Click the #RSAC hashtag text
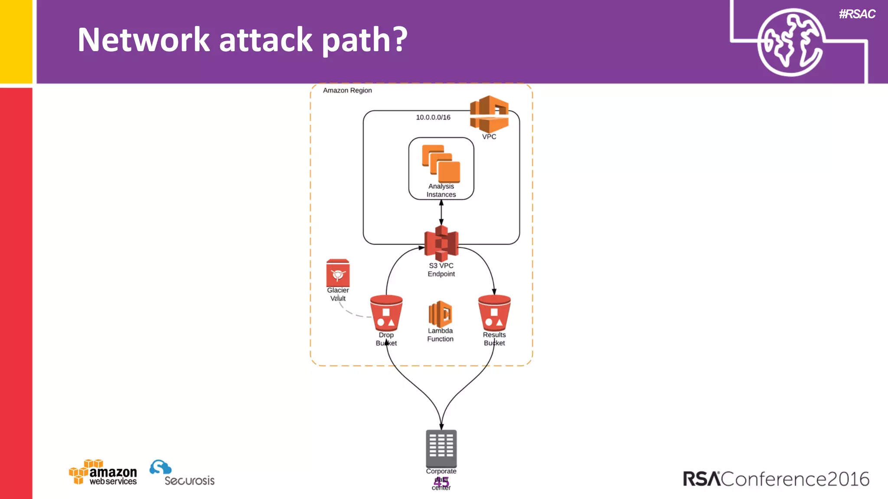point(857,14)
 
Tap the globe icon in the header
point(790,42)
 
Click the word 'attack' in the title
point(265,40)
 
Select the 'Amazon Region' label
point(347,90)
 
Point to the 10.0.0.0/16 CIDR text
point(433,117)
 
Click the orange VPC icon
point(489,114)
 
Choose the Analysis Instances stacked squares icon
point(441,163)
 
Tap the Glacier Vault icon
point(338,273)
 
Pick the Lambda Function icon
point(440,314)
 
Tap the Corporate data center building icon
point(441,448)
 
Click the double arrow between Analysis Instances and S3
point(441,212)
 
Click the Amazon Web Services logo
point(103,472)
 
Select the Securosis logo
point(182,473)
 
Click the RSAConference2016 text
point(776,479)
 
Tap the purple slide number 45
point(441,482)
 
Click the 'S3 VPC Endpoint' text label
point(441,269)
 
